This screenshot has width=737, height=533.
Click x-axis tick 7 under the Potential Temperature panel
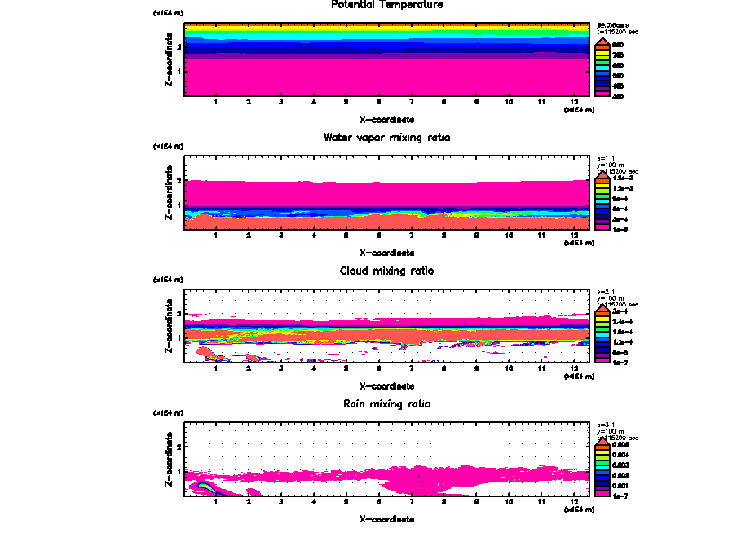[x=412, y=103]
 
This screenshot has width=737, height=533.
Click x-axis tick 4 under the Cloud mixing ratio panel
[x=314, y=368]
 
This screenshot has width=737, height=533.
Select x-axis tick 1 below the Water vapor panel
[x=216, y=236]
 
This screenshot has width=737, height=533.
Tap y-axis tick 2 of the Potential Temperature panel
[x=179, y=47]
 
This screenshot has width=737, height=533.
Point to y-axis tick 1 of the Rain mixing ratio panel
[x=179, y=471]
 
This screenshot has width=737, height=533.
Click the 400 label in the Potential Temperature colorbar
[x=618, y=84]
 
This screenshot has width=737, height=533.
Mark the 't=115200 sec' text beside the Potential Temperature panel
[x=619, y=31]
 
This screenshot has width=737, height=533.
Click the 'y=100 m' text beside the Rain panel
[x=612, y=431]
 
